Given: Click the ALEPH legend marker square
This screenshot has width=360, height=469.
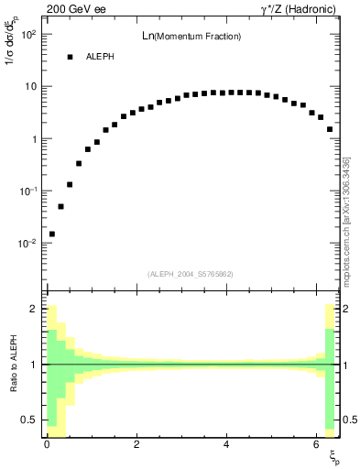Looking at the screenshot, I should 69,57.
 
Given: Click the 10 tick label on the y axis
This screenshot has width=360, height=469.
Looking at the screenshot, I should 30,86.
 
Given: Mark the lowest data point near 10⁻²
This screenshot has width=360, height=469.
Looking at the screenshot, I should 52,234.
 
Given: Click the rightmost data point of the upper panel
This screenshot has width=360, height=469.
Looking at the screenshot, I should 330,129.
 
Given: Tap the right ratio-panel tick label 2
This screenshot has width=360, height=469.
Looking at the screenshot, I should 347,310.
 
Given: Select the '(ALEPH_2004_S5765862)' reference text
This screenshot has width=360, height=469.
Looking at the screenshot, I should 191,274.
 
